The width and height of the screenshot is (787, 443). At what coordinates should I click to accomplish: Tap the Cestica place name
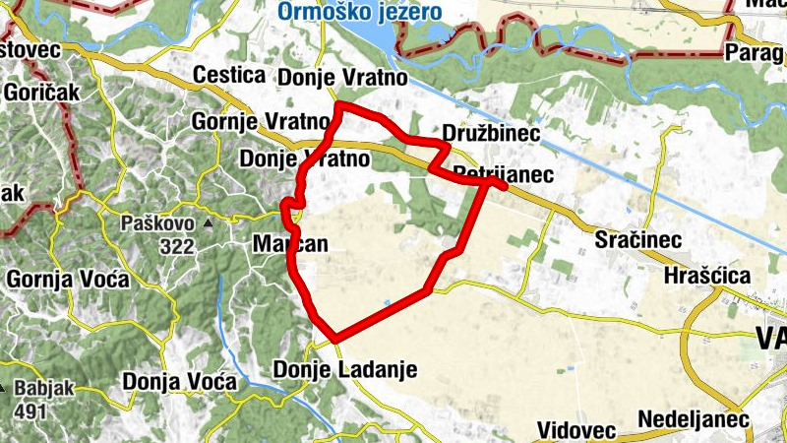pos(230,76)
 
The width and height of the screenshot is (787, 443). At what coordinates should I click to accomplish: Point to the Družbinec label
pos(482,133)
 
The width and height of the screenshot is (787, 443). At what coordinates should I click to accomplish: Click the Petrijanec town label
pos(504,174)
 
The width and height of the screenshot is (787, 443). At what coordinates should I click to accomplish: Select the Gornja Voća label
pos(68,280)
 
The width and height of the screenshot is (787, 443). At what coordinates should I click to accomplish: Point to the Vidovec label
pos(576,430)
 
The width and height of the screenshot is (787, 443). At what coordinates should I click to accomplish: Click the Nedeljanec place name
pos(694,420)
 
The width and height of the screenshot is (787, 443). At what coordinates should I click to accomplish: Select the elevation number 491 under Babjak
pos(30,411)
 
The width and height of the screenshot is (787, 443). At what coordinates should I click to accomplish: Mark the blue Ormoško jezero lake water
pos(369,39)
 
